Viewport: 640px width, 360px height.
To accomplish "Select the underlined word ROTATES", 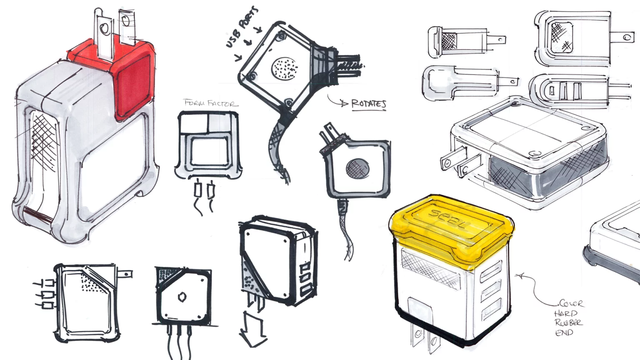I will [369, 104].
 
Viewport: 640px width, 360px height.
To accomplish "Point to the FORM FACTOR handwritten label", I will [211, 103].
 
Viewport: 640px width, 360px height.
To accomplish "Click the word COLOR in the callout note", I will [571, 303].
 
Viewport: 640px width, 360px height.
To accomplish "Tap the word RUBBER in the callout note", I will [568, 322].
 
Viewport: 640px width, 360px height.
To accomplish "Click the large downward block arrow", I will [253, 330].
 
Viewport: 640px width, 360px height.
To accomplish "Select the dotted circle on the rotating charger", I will [285, 67].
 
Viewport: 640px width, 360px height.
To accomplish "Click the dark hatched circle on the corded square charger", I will [357, 168].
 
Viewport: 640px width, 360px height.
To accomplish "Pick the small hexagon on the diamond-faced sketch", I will [182, 297].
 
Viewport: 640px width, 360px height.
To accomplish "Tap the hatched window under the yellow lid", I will [429, 267].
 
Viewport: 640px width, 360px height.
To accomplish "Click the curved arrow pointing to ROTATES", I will [335, 101].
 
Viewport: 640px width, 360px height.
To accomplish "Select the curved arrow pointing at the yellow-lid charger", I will [533, 287].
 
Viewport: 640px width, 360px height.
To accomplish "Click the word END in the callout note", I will [564, 332].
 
